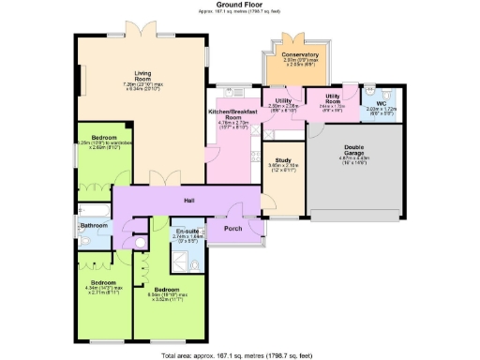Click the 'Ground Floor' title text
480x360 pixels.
click(239, 5)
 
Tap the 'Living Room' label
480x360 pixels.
click(143, 82)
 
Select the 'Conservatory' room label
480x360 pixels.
click(300, 55)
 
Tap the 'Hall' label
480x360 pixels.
click(187, 200)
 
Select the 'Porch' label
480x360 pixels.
click(233, 227)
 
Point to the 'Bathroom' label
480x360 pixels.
click(94, 226)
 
